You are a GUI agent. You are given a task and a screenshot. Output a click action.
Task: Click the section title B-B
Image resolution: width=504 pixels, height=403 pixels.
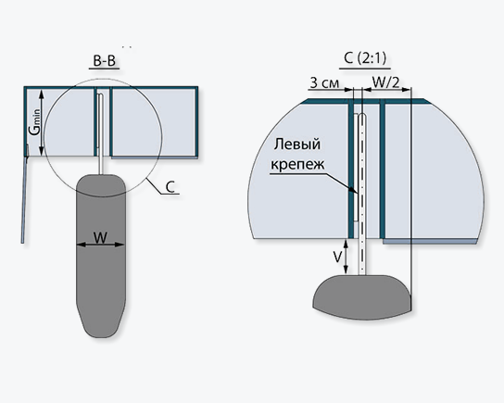coord(104,61)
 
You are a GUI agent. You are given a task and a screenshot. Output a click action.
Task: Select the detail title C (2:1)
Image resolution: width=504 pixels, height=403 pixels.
coord(365,58)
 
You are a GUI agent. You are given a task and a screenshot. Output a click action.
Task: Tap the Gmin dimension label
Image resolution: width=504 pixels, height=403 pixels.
coord(35,121)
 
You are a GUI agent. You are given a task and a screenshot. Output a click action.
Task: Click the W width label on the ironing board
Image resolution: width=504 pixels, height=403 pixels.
coord(100,238)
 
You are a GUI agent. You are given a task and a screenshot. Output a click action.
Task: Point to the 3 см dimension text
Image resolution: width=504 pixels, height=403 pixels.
coord(324,82)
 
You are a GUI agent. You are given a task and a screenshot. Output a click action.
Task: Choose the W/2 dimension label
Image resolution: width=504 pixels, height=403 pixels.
coord(385,82)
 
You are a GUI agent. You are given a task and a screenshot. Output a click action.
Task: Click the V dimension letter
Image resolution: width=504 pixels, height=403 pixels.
coord(337,258)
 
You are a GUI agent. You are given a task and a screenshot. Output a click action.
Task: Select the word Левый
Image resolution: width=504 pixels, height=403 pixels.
coord(297,144)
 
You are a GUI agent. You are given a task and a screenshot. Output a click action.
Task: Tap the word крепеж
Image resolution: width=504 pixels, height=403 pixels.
coord(297,164)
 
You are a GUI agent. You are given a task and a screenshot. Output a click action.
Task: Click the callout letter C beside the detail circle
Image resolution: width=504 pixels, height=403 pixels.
coord(170,187)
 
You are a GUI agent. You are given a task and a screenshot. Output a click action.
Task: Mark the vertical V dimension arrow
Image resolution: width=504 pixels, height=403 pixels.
coord(346,257)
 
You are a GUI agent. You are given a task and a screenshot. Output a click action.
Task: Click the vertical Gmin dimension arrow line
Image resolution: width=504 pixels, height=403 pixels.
coord(41,123)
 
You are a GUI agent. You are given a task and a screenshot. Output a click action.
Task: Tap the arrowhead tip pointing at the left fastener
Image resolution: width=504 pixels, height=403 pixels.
coord(357,193)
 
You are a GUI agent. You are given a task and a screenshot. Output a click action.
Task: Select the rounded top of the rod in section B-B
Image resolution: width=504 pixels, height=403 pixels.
coord(100,95)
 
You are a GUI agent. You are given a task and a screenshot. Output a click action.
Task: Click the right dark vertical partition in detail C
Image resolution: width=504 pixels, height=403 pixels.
coord(383,169)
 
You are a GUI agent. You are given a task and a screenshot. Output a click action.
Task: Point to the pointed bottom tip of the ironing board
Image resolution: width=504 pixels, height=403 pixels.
coord(100,337)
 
